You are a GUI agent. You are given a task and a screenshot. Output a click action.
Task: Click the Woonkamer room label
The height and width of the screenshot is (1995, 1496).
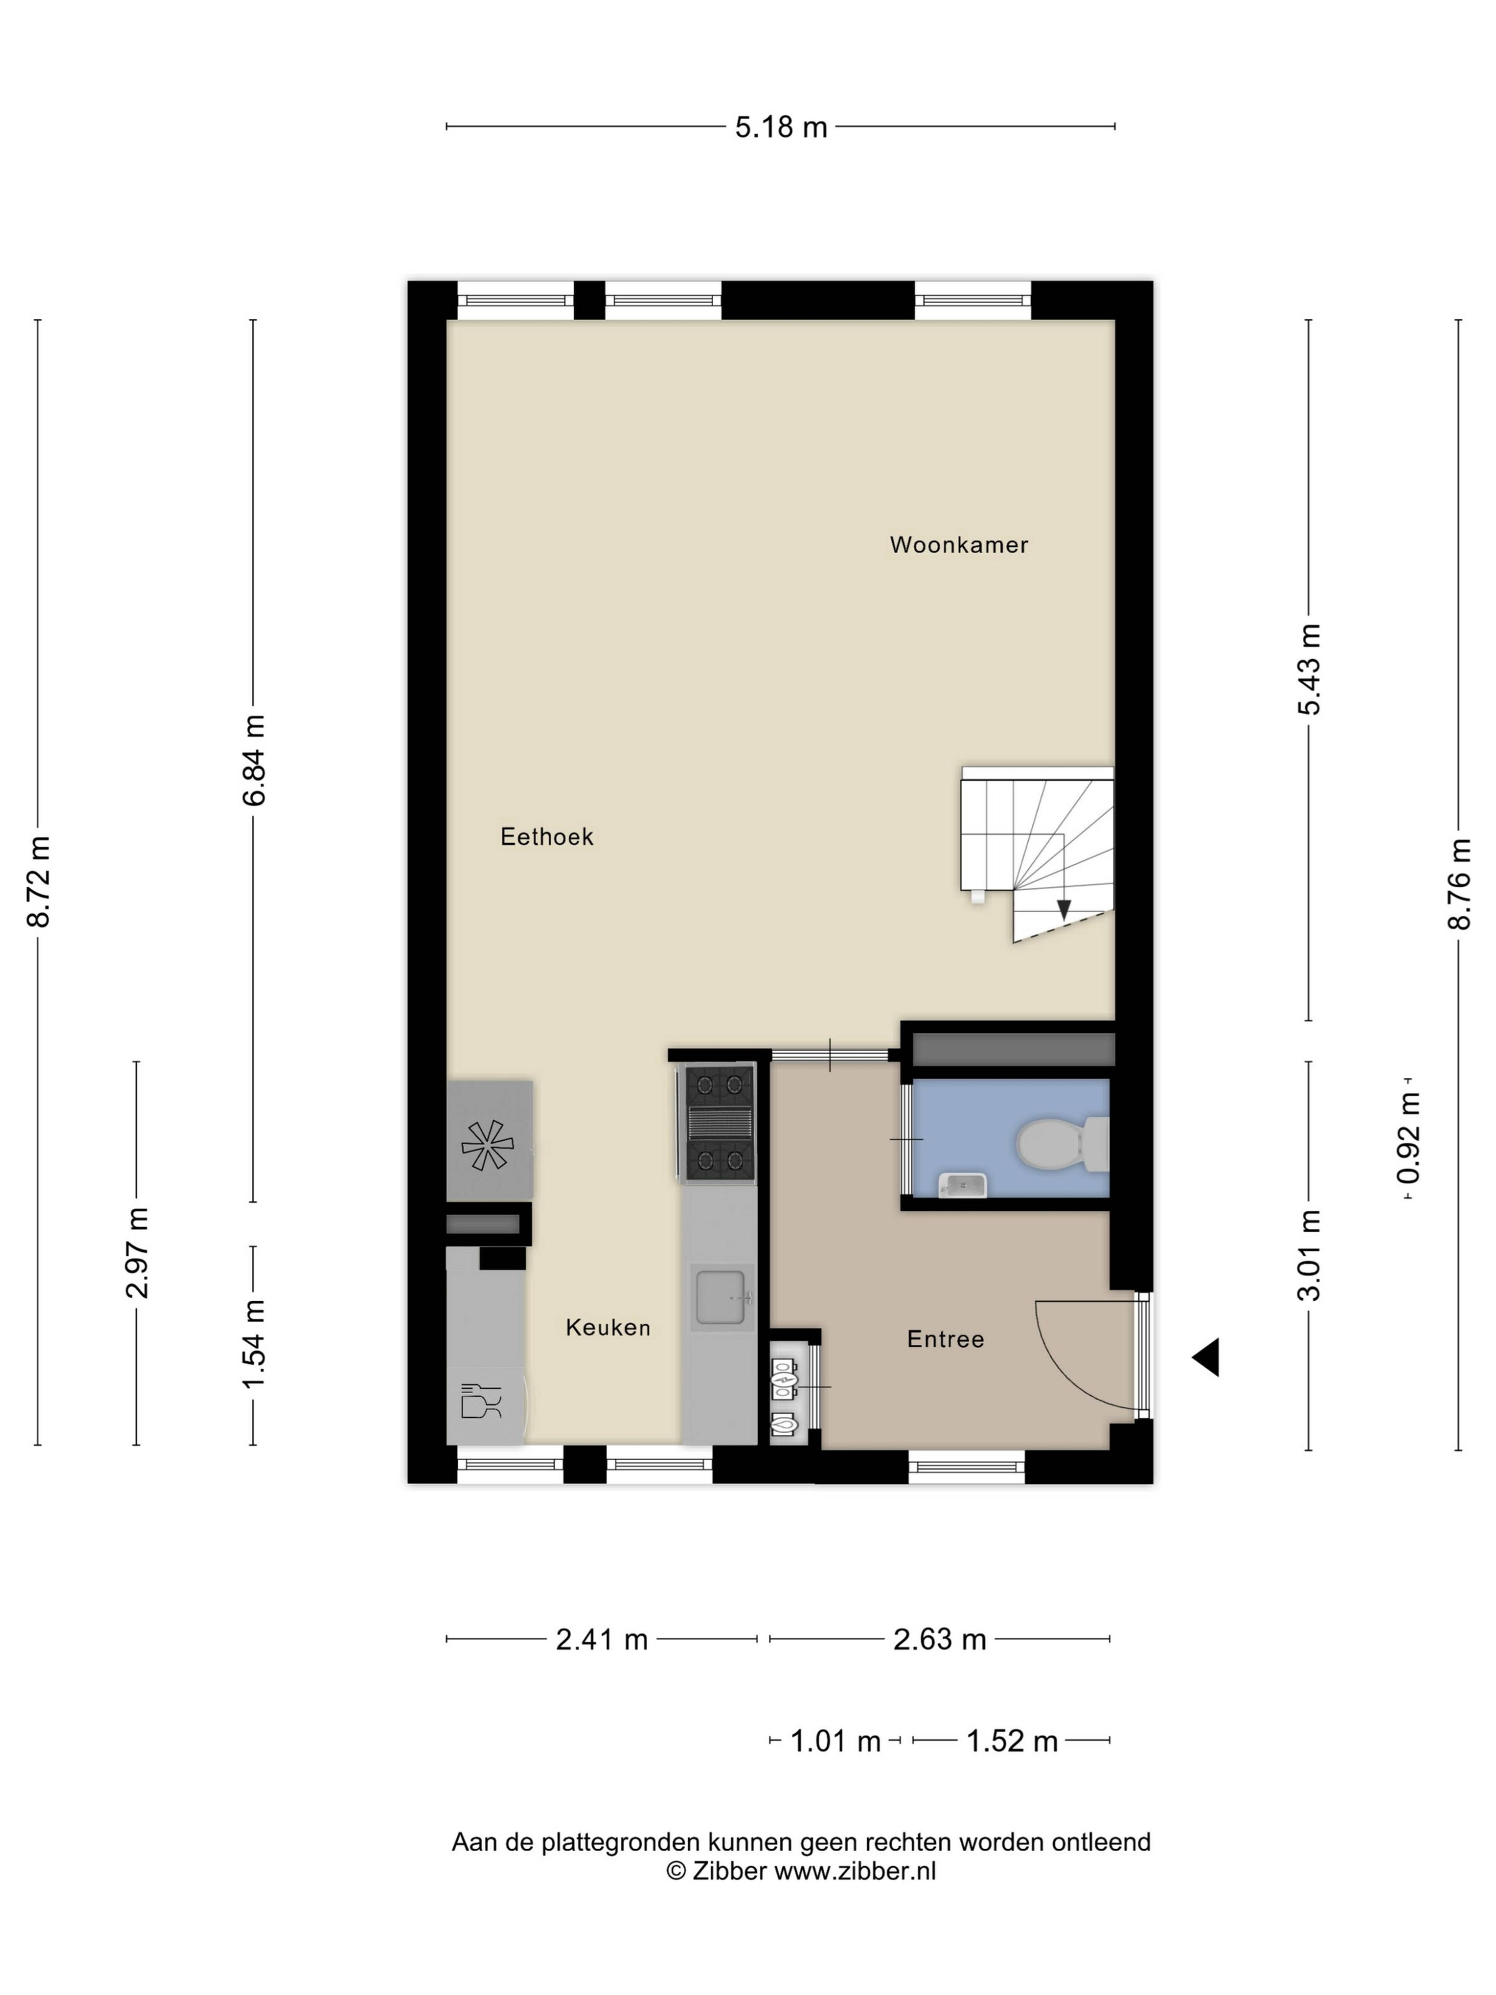coord(958,545)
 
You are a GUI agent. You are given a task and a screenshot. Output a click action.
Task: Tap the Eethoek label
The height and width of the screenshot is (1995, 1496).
coord(547,837)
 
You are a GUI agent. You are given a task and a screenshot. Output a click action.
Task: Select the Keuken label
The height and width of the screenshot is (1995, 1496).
coord(608,1328)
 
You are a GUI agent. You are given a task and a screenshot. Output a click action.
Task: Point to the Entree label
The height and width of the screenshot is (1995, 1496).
coord(945,1339)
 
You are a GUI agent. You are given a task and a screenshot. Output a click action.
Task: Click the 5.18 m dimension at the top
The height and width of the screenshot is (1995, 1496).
coord(781,127)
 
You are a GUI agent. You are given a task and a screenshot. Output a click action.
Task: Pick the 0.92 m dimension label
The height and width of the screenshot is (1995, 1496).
coord(1408,1138)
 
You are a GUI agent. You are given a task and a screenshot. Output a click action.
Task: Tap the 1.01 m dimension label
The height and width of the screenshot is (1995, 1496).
coord(835,1741)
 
